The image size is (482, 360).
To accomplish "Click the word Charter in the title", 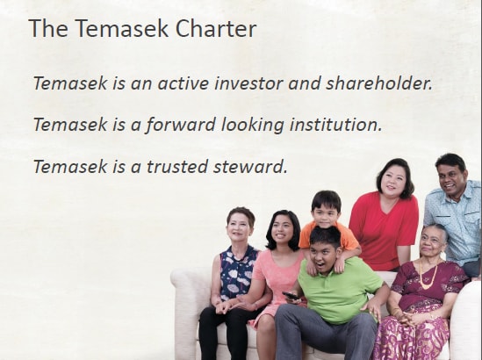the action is [216, 28].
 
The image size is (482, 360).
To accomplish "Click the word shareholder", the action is [379, 83].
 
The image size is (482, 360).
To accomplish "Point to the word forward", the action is [181, 125].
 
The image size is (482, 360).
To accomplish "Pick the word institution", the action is [335, 125].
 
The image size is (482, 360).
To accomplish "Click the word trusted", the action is [177, 166].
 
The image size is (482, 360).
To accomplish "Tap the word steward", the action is [250, 166].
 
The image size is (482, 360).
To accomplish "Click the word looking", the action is [253, 126].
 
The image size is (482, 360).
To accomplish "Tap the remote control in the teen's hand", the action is [291, 296].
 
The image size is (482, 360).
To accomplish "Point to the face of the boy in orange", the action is [325, 214].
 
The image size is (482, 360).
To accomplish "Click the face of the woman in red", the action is [392, 182].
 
